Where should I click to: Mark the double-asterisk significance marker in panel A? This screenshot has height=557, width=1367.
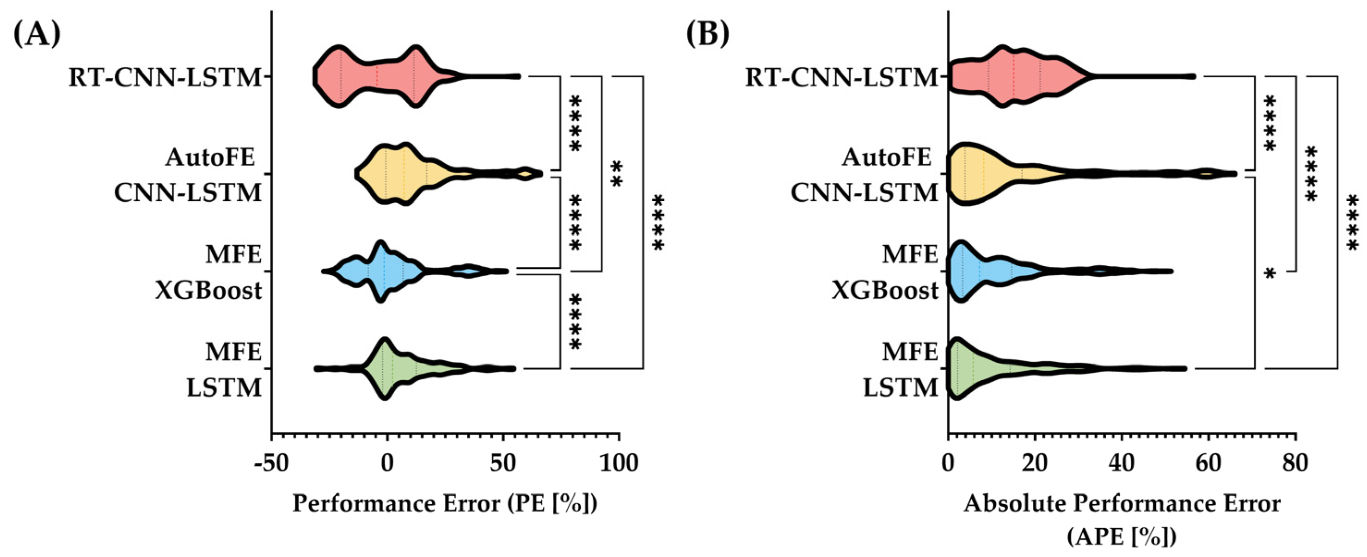(616, 175)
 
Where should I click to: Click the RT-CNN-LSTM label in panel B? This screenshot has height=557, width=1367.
(842, 78)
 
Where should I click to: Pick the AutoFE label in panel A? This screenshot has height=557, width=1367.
(211, 157)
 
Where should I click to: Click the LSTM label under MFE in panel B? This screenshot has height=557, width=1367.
(901, 388)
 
